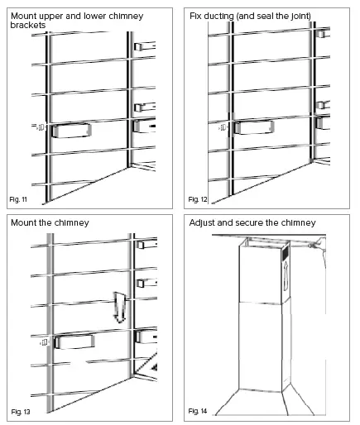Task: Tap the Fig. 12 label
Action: pyautogui.click(x=198, y=200)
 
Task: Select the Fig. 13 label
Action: pyautogui.click(x=21, y=410)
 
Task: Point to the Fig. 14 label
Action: pyautogui.click(x=198, y=410)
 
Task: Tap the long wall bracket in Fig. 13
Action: pyautogui.click(x=72, y=341)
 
